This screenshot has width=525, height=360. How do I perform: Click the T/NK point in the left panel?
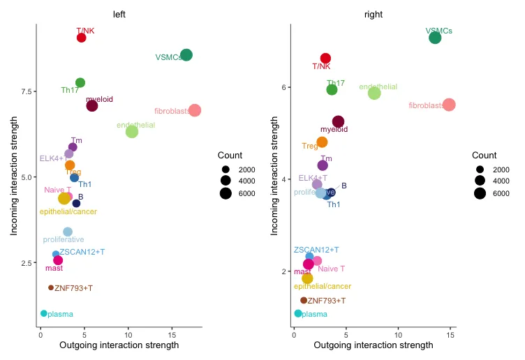(81, 38)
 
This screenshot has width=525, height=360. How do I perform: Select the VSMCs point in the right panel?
(435, 38)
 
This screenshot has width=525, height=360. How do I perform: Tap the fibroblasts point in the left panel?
(195, 110)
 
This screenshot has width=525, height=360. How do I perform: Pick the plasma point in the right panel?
(298, 313)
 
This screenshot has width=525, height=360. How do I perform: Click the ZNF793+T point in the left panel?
(51, 287)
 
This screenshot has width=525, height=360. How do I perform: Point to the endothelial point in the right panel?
(374, 93)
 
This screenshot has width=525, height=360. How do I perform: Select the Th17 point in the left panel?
(80, 83)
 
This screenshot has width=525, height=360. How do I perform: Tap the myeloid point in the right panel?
(338, 121)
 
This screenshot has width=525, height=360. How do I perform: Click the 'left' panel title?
(119, 14)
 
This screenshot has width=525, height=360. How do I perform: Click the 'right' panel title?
(373, 14)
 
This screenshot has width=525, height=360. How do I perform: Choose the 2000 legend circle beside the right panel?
(480, 170)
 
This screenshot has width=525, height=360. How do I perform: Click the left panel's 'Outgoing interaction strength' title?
(119, 345)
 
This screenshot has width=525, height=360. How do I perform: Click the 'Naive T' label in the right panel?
(332, 269)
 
